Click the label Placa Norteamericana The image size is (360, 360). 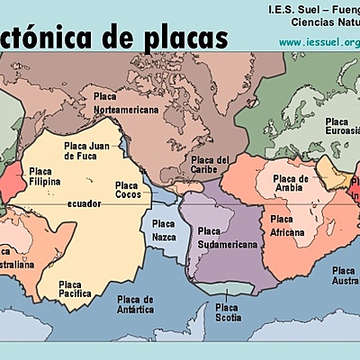point(126,102)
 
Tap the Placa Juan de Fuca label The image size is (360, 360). point(85,149)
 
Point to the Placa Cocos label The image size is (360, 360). point(127,190)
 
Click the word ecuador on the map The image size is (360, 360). point(84,204)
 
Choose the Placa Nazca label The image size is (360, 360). point(164,229)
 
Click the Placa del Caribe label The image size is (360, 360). point(211,165)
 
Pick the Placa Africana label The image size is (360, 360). point(288,225)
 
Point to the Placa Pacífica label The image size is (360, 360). point(76,288)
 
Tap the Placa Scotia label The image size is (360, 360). point(227,311)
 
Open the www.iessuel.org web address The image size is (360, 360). point(319,42)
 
